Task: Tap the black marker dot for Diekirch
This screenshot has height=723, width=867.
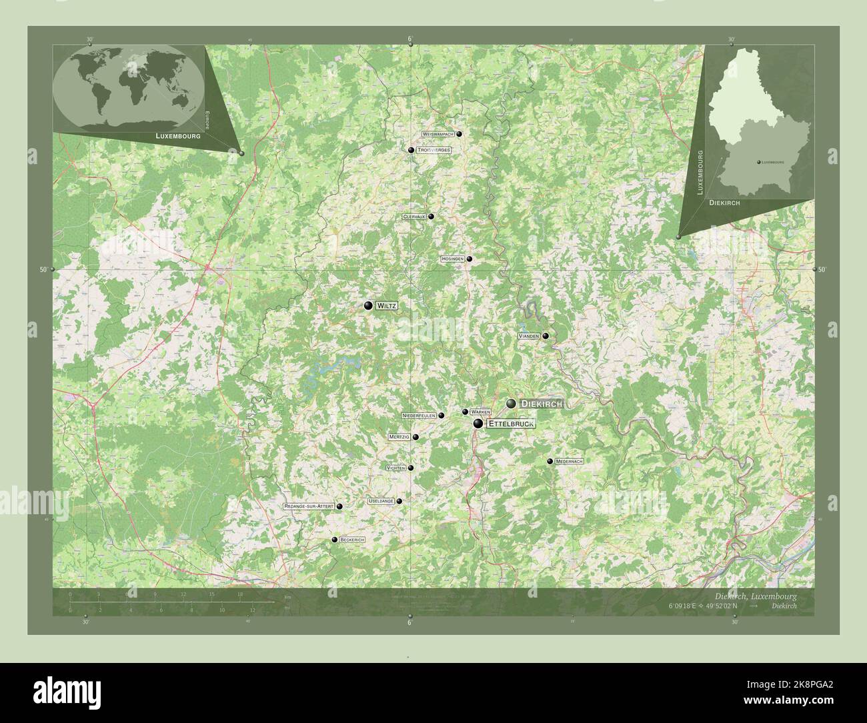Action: click(511, 404)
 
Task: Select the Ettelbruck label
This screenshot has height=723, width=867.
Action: click(511, 424)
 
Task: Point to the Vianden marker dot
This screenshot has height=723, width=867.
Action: click(546, 336)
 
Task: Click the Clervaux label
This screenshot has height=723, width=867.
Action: click(414, 217)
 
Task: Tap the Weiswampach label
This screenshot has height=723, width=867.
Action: click(438, 134)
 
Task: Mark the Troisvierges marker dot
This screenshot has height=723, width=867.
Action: click(411, 150)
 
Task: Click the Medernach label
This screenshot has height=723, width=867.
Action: click(570, 462)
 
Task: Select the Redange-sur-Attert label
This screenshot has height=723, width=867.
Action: click(309, 507)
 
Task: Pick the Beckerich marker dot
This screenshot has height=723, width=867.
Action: click(334, 540)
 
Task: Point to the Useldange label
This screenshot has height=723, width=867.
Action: click(380, 501)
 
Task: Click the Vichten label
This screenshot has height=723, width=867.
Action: click(395, 468)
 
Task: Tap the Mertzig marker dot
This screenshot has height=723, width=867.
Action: click(415, 438)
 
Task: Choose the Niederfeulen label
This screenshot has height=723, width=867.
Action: click(419, 415)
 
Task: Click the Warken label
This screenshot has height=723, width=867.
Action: click(480, 412)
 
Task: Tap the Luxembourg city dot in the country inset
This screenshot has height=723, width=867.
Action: click(759, 162)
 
